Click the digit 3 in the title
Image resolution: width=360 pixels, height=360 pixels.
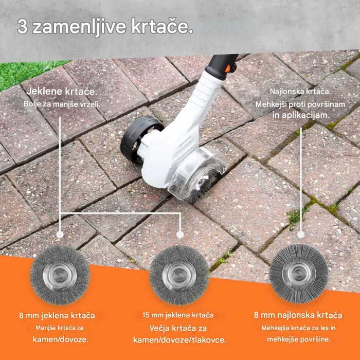pyautogui.click(x=22, y=27)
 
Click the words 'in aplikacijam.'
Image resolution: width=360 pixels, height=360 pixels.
pyautogui.click(x=300, y=115)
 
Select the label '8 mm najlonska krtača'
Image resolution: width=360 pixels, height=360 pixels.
pyautogui.click(x=298, y=315)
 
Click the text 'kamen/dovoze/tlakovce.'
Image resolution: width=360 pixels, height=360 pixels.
pyautogui.click(x=179, y=340)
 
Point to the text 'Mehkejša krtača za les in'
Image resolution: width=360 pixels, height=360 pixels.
pyautogui.click(x=298, y=328)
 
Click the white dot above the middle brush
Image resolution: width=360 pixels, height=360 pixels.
pyautogui.click(x=180, y=235)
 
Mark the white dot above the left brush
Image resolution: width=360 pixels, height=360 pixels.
pyautogui.click(x=60, y=235)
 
